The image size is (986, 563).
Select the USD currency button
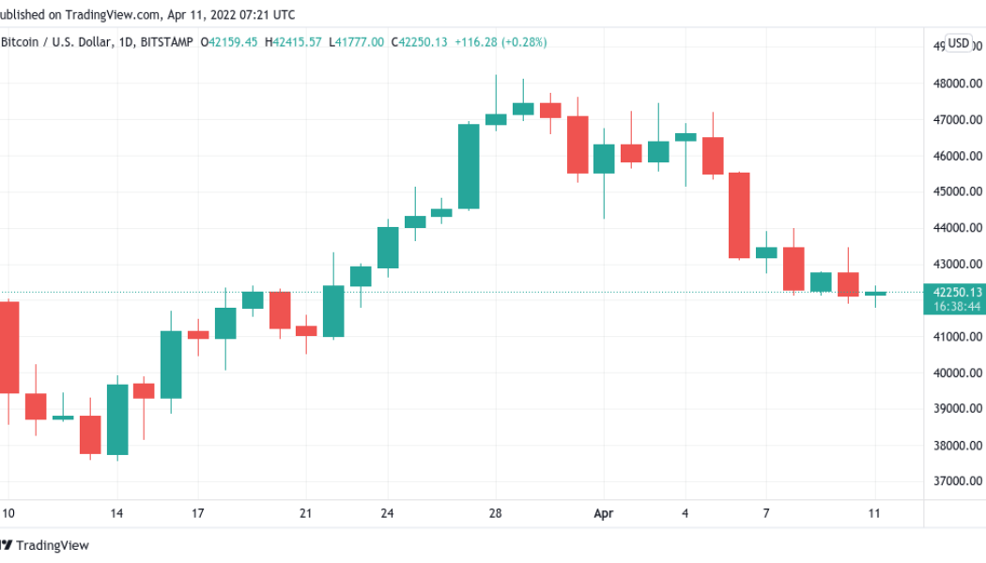click(x=958, y=43)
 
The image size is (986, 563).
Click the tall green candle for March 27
click(x=469, y=166)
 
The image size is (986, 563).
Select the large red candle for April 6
click(x=739, y=215)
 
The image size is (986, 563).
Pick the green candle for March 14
click(x=117, y=419)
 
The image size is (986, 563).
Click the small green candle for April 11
click(x=875, y=293)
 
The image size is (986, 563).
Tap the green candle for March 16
click(x=171, y=364)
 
